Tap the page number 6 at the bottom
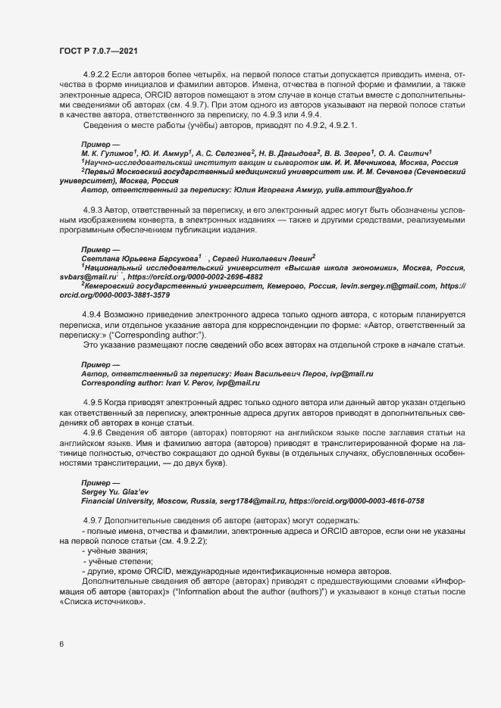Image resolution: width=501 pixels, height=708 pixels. pyautogui.click(x=61, y=644)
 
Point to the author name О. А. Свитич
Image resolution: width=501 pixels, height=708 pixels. pyautogui.click(x=409, y=152)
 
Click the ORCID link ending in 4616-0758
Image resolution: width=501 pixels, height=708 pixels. pyautogui.click(x=362, y=501)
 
